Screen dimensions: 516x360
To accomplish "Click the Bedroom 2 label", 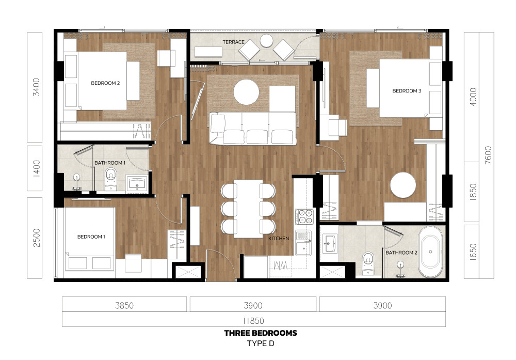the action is tap(105, 83).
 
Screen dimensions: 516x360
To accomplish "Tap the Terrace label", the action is tap(233, 42).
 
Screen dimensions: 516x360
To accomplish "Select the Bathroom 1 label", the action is tap(110, 163).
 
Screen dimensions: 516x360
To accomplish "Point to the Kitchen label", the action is tap(279, 239).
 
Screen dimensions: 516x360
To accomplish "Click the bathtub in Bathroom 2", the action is tap(430, 252).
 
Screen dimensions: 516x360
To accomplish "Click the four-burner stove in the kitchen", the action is tap(304, 217).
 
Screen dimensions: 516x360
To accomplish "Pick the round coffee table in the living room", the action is tap(246, 92).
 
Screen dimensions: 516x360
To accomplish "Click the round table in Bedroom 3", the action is tap(403, 185).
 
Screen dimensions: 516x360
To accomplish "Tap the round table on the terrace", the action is tap(267, 41).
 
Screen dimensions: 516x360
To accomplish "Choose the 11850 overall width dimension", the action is tap(253, 321).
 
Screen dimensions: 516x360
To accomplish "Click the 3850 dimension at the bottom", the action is tap(124, 306).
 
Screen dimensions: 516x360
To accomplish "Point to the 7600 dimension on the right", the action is tap(488, 155).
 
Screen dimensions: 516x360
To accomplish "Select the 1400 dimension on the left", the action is tap(37, 168).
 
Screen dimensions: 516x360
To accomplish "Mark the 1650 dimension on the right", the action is tap(473, 252).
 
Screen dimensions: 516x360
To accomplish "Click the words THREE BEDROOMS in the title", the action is tap(261, 333).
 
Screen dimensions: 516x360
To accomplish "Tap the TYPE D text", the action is tap(261, 343).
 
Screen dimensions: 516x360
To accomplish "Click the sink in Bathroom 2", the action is tap(329, 244).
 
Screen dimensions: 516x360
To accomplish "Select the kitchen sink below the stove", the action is tap(303, 243).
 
